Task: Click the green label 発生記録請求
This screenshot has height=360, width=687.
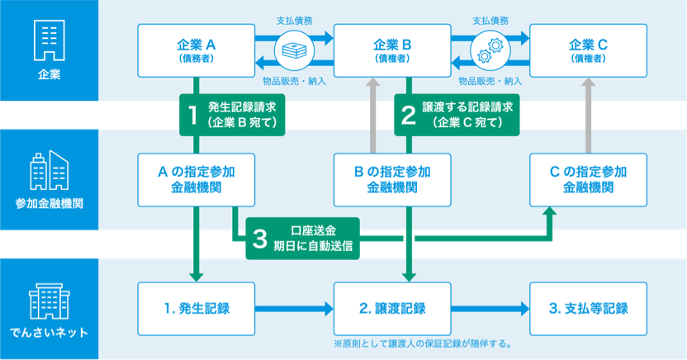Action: (232, 115)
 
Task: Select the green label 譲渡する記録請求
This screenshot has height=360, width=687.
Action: (457, 115)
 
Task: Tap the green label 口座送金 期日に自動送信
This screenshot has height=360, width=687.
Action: (302, 239)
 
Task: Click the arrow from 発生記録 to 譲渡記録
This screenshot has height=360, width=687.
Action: (294, 309)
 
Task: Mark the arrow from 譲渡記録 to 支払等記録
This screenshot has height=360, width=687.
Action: (489, 309)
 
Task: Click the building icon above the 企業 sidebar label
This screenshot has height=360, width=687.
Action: (49, 40)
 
